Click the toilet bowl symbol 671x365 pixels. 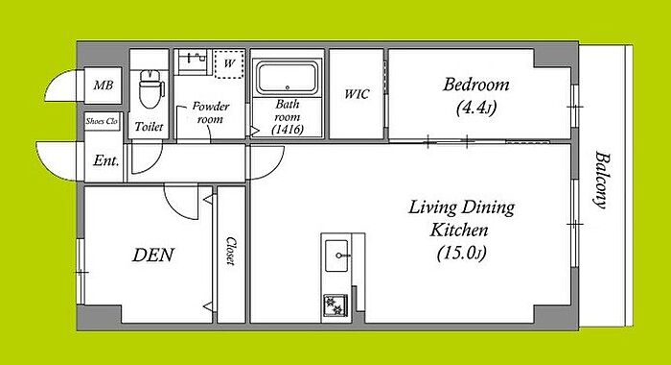pyautogui.click(x=150, y=88)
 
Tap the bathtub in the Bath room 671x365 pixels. pyautogui.click(x=288, y=78)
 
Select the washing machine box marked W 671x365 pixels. pyautogui.click(x=229, y=63)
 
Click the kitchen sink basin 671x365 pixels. pyautogui.click(x=336, y=255)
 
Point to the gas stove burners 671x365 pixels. pyautogui.click(x=335, y=304)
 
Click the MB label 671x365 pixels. pyautogui.click(x=104, y=85)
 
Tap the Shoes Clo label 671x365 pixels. pyautogui.click(x=102, y=121)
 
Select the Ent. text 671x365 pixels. pyautogui.click(x=105, y=160)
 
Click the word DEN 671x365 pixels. pyautogui.click(x=153, y=255)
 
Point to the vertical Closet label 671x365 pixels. pyautogui.click(x=231, y=251)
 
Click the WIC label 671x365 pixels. pyautogui.click(x=357, y=94)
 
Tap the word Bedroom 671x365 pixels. pyautogui.click(x=475, y=85)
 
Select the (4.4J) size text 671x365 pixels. pyautogui.click(x=476, y=108)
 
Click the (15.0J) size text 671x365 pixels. pyautogui.click(x=461, y=253)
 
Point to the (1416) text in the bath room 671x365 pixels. pyautogui.click(x=288, y=129)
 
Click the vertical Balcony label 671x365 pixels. pyautogui.click(x=601, y=180)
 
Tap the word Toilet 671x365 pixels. pyautogui.click(x=149, y=127)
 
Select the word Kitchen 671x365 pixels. pyautogui.click(x=459, y=231)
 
